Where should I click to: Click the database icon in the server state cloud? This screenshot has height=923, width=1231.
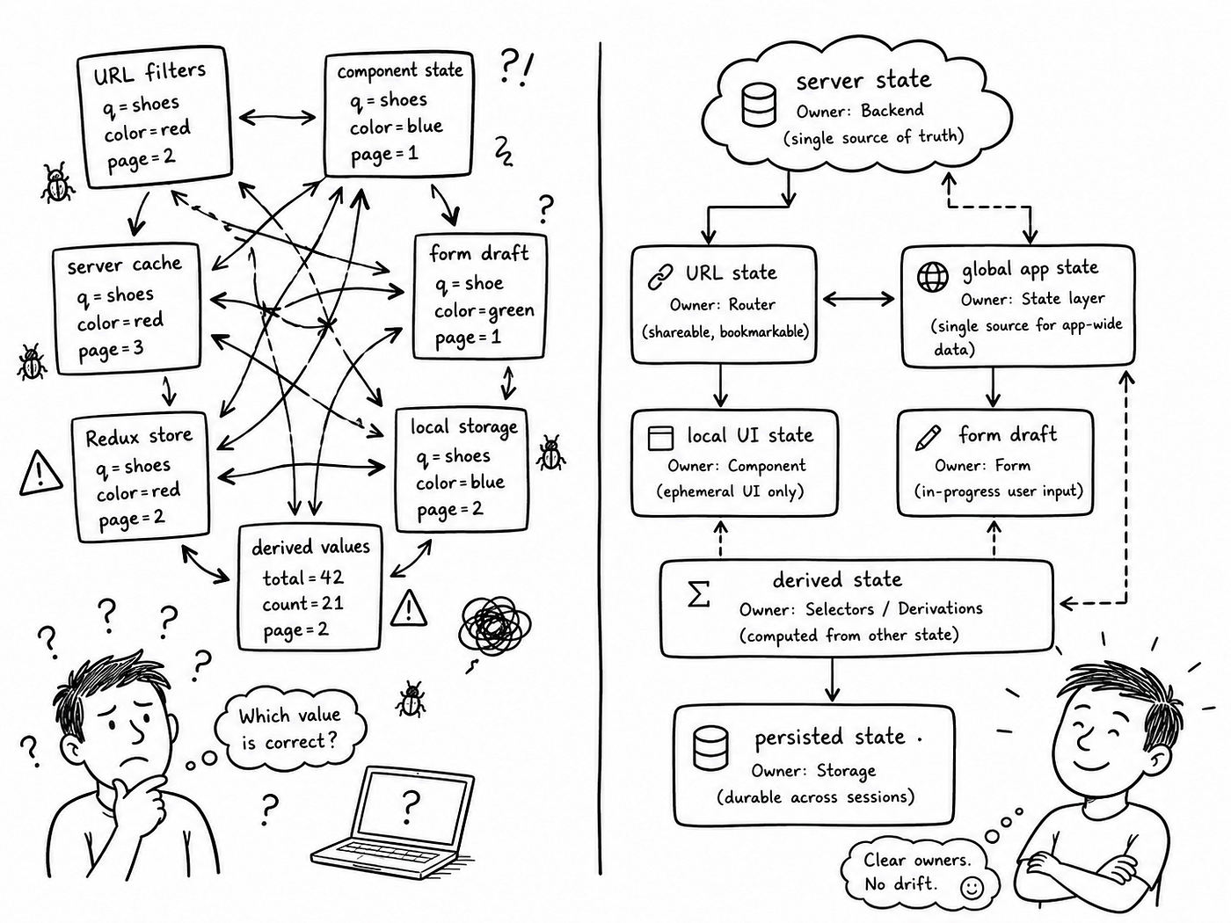point(759,105)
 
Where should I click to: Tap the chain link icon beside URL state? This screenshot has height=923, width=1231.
point(660,276)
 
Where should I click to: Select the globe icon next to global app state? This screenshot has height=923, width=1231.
point(933,276)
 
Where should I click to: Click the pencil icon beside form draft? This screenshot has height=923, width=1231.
point(928,438)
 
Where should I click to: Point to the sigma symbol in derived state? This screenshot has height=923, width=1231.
point(699,593)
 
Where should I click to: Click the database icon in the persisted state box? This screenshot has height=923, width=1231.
point(710,747)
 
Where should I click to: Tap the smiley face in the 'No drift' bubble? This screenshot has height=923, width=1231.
point(972,888)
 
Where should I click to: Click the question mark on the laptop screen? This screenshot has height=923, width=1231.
point(412,806)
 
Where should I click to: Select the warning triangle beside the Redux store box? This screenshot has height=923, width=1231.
point(40,474)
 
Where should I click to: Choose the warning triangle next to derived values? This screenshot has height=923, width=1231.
point(408,607)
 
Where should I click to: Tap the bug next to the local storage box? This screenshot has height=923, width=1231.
point(550,453)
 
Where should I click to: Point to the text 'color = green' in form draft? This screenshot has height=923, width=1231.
point(484,311)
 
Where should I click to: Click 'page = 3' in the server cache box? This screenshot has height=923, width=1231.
point(111,350)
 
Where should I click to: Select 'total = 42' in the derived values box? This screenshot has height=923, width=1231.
point(302,578)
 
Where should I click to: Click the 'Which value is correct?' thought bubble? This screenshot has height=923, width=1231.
point(290,728)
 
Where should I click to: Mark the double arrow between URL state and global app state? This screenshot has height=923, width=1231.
point(858,299)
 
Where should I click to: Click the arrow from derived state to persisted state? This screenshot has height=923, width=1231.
point(832,680)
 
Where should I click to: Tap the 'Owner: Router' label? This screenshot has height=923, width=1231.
point(723,305)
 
